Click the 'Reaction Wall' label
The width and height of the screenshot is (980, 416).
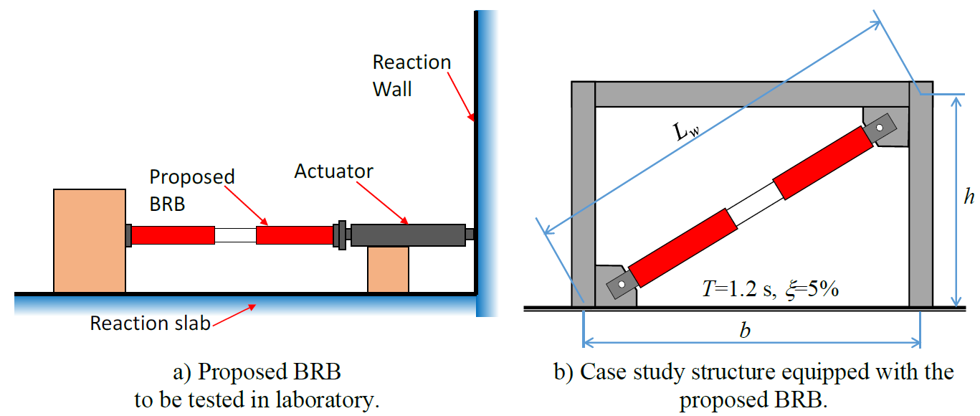point(411,75)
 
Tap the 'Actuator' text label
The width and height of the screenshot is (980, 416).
point(334,172)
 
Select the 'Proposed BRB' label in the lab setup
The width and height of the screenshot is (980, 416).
point(191,189)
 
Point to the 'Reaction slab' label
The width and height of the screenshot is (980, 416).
point(150,323)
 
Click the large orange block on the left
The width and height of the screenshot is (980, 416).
point(90,240)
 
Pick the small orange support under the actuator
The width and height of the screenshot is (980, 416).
point(388,269)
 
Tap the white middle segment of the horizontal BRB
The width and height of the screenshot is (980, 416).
point(235,235)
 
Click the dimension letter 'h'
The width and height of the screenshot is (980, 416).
point(969,198)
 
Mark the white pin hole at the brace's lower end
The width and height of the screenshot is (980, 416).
point(622,285)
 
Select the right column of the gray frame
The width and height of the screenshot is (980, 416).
point(920,208)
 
